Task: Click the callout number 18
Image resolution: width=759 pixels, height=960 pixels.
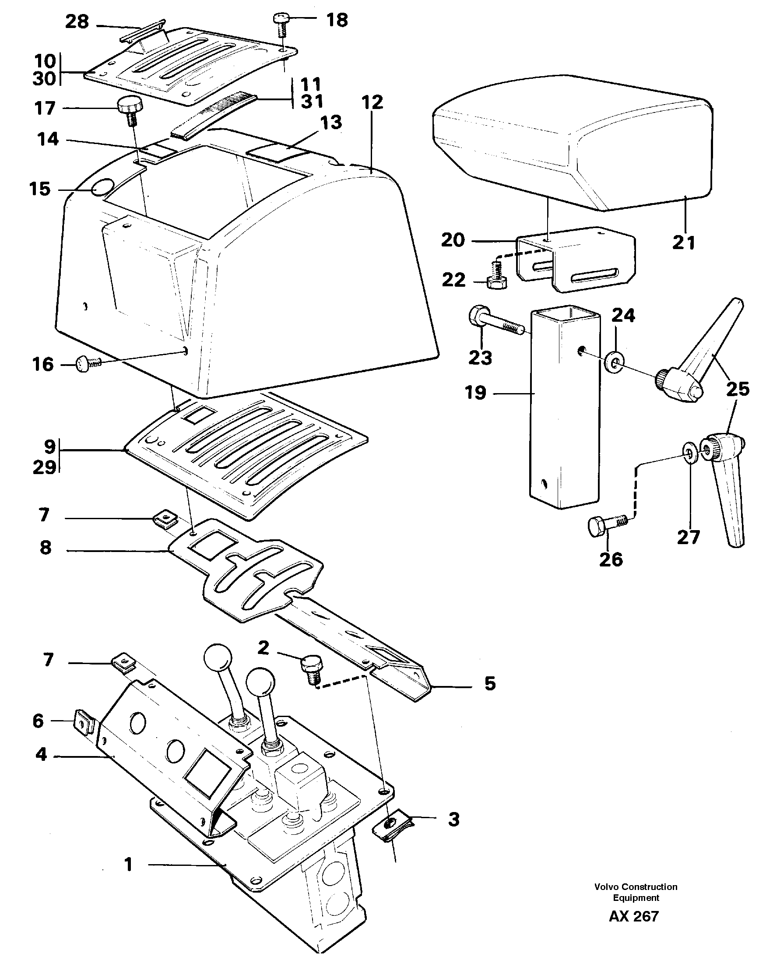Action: tap(337, 20)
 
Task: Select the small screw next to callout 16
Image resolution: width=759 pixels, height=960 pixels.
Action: tap(86, 364)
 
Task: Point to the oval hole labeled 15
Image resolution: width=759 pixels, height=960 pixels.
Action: tap(103, 187)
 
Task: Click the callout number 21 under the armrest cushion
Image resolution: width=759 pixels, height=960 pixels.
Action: tap(683, 242)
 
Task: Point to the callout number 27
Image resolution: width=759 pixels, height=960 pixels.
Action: tap(689, 537)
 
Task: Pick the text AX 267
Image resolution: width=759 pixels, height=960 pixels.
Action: tap(634, 917)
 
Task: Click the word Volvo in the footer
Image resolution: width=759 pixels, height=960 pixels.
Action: tap(607, 886)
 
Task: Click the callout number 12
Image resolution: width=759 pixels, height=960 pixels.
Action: tap(372, 103)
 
